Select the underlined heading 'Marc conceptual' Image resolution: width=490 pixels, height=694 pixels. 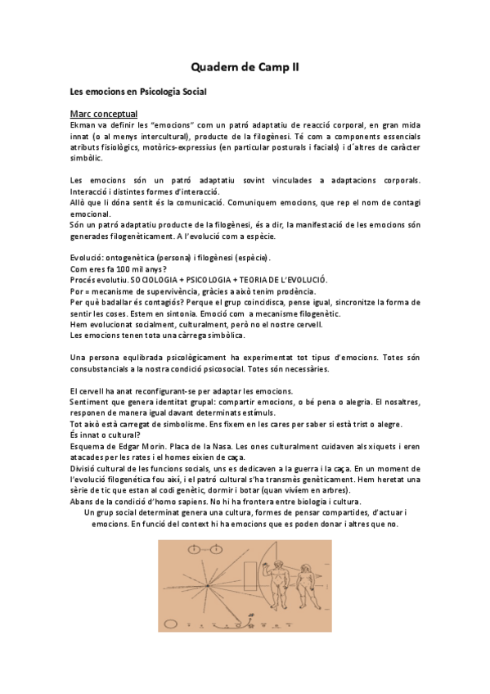tap(104, 113)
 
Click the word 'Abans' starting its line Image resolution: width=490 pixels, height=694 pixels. tap(84, 501)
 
